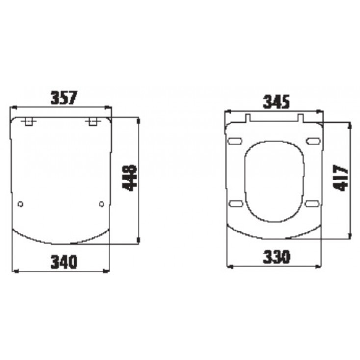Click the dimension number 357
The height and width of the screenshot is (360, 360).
coord(64,98)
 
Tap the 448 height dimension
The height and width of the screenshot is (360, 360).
coord(129,178)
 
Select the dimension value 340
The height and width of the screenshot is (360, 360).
coord(64,262)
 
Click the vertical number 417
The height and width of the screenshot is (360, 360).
coord(340,178)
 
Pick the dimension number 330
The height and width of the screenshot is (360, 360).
coord(277,257)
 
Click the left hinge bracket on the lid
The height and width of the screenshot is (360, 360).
coord(29,122)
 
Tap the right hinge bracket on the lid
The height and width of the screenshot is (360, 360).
coord(93,122)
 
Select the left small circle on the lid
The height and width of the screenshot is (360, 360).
coord(21,204)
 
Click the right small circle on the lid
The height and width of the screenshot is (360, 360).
coord(102,204)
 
